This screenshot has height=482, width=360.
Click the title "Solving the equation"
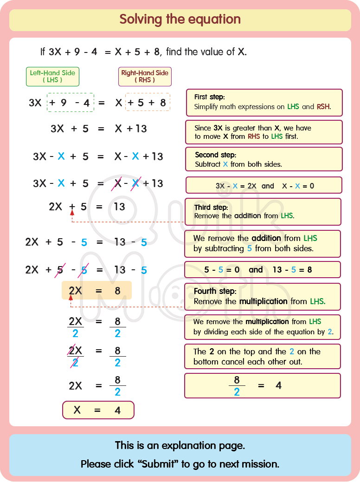coord(180,20)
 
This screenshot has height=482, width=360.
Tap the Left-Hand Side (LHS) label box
coord(52,76)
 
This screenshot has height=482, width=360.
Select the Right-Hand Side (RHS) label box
coord(145,76)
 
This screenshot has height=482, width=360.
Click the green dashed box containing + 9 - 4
coord(70,103)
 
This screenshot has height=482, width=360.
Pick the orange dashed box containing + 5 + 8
coord(148,103)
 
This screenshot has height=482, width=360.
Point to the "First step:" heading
coord(209,97)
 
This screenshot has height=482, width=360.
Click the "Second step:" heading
coord(215,155)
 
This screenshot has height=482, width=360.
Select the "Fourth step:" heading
coord(215,291)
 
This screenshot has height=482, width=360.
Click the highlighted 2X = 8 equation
coord(96,291)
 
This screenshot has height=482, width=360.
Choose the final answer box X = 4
coord(98,410)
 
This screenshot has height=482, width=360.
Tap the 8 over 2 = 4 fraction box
coord(263,385)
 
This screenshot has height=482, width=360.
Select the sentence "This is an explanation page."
coord(180,446)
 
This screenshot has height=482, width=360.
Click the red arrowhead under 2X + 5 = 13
coord(72,213)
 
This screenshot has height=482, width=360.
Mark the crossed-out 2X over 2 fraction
coord(75,357)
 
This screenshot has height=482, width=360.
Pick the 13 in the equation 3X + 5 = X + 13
coord(141,129)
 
